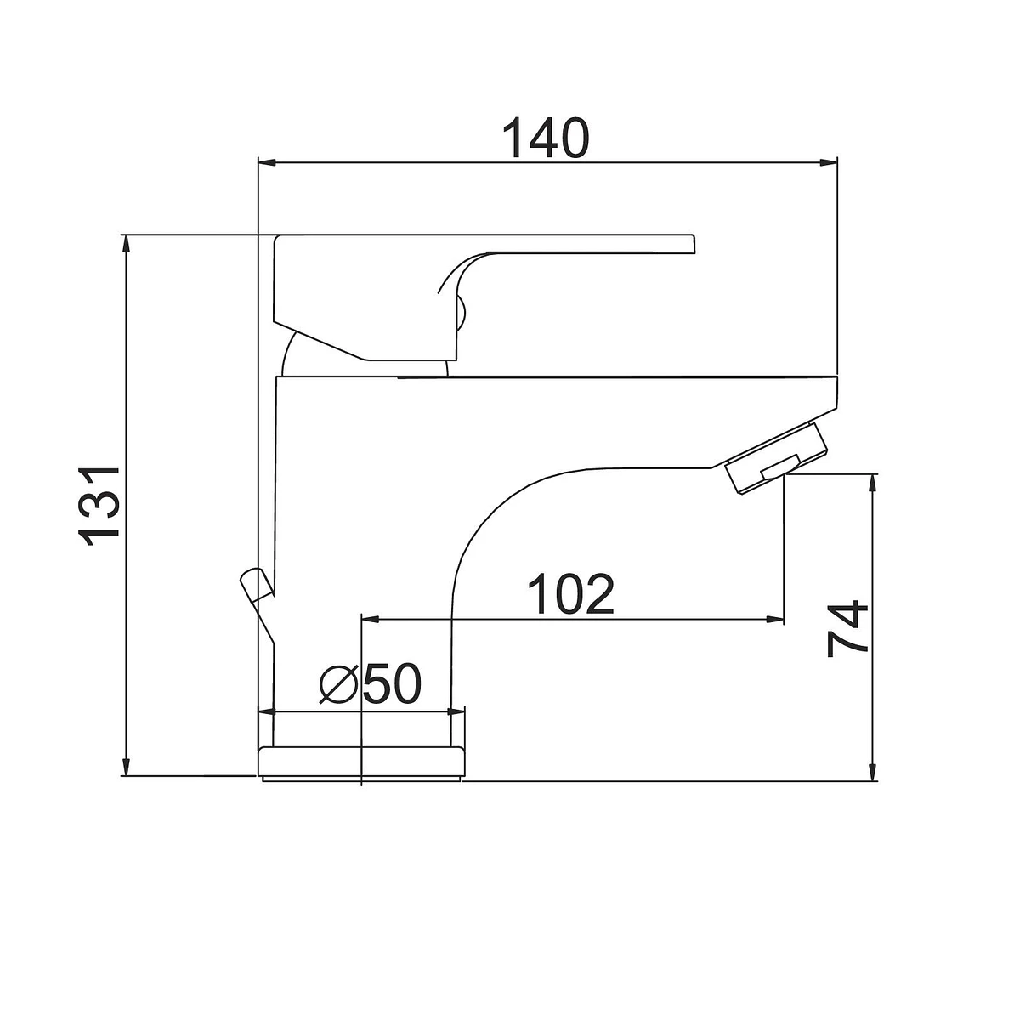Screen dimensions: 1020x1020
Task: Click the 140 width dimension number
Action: tap(545, 138)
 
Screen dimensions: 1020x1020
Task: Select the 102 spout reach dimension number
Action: tap(571, 594)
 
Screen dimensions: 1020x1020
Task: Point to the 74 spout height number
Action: tap(847, 629)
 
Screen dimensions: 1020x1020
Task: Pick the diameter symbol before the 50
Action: tap(339, 684)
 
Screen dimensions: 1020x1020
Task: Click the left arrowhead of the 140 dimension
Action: tap(267, 162)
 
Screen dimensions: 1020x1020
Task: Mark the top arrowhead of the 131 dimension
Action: tap(126, 245)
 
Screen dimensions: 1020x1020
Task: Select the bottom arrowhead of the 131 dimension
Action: tap(126, 766)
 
